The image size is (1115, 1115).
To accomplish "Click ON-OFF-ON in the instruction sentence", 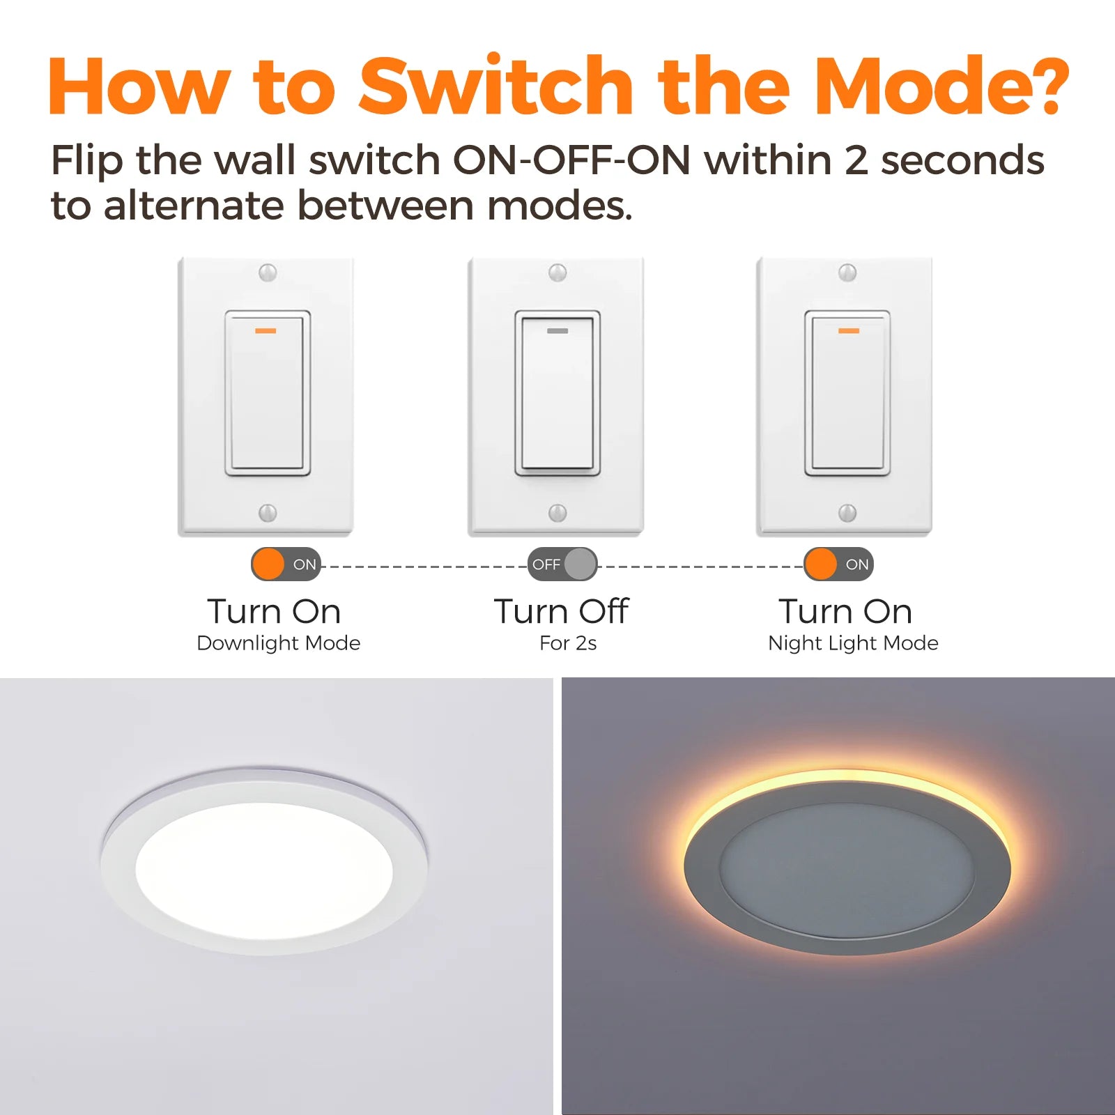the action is point(571,160).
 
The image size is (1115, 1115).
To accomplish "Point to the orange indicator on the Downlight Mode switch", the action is point(266,330).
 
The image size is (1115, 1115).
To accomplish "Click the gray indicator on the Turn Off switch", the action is point(557,330).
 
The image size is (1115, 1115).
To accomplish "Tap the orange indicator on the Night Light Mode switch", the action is point(848,330).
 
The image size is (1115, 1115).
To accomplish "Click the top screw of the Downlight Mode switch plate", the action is point(268,272).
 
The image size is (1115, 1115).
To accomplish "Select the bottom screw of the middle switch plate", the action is point(557,513).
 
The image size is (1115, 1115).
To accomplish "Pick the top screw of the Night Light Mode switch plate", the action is point(847,272).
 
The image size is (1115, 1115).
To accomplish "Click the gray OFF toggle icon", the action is point(562,564).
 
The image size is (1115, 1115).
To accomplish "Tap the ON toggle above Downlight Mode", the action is point(286,564).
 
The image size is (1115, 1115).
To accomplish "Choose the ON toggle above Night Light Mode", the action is point(838,564).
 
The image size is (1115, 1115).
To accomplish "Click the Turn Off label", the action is point(562,611).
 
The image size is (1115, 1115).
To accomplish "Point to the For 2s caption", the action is point(568,643).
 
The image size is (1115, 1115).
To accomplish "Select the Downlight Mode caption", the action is point(279,643).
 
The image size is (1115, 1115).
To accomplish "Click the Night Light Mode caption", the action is point(853,643).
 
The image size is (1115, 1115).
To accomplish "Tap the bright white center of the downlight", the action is point(264,871).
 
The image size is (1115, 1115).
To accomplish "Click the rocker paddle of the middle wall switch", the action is point(557,393).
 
